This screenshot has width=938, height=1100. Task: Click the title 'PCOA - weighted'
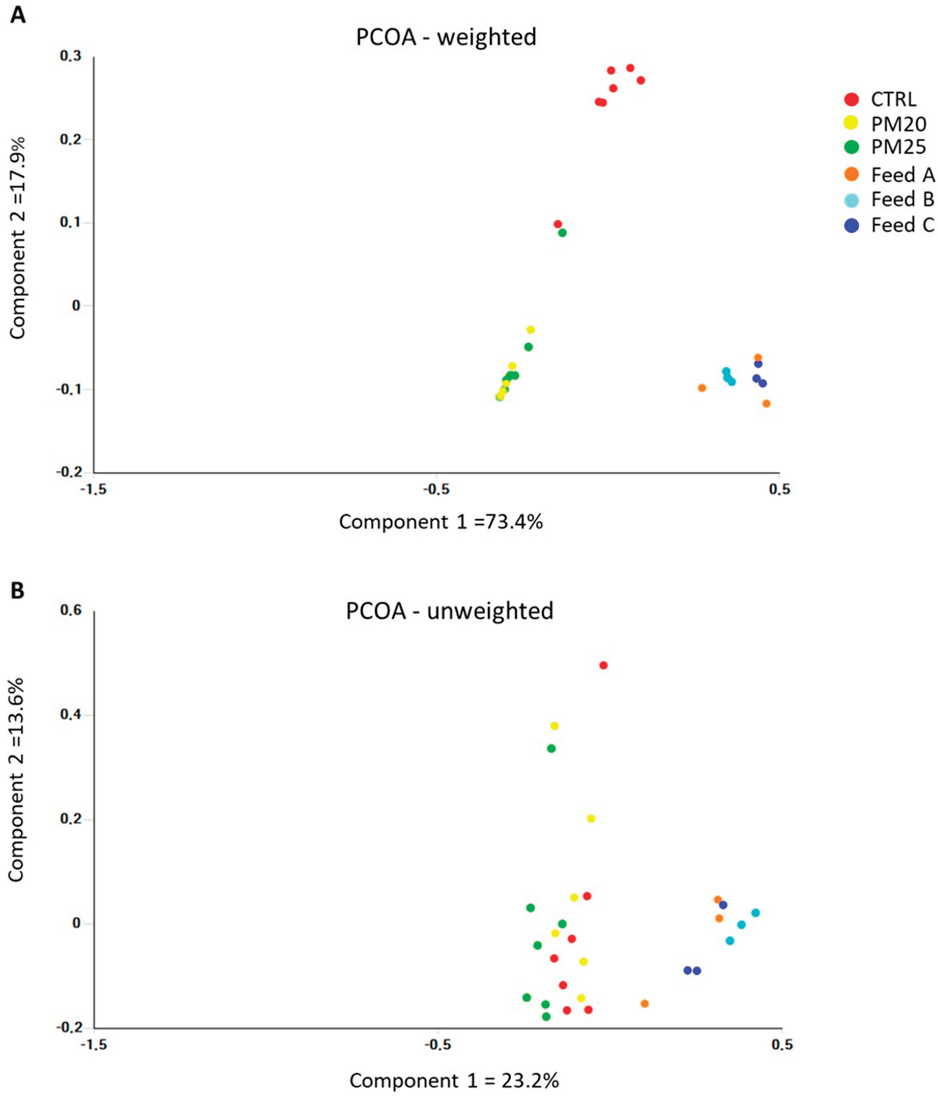446,37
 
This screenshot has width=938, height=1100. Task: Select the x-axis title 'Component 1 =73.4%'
441,522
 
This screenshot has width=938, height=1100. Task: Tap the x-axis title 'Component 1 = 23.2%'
454,1080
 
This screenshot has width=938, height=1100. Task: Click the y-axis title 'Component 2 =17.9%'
18,238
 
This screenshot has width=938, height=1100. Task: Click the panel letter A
18,15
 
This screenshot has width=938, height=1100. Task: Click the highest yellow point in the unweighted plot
554,726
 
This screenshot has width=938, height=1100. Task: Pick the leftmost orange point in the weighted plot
702,388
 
